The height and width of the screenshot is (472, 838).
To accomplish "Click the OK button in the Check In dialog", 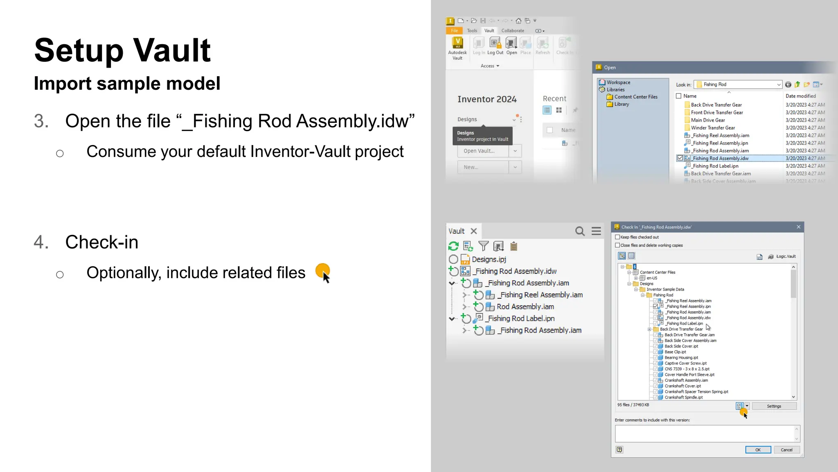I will point(758,449).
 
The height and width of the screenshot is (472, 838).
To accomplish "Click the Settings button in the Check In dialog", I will point(774,406).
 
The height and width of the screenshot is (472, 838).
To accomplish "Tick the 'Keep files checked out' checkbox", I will point(618,237).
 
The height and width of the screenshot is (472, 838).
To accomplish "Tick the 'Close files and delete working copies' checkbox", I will point(618,245).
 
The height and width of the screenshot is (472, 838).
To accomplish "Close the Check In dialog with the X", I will point(798,227).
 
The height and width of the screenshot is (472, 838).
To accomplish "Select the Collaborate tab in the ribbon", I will point(513,31).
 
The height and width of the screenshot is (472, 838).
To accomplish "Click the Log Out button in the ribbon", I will point(495,46).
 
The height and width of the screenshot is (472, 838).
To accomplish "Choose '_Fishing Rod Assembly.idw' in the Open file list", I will point(721,158).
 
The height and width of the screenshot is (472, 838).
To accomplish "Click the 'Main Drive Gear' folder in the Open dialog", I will point(708,120).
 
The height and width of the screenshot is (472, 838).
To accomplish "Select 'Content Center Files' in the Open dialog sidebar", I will point(635,97).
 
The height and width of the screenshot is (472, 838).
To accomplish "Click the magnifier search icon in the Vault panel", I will point(580,231).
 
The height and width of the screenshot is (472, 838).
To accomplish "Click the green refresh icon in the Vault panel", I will point(453,246).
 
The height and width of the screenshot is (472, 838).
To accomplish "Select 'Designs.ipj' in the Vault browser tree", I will point(489,259).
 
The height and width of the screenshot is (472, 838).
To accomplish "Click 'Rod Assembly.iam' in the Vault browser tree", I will point(525,306).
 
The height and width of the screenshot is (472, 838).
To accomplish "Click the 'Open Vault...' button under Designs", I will point(483,151).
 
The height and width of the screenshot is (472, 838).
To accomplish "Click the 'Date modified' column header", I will point(800,96).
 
